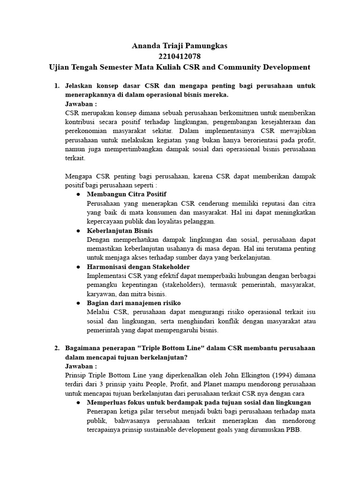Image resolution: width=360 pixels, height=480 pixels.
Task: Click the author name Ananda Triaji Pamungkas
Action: (180, 45)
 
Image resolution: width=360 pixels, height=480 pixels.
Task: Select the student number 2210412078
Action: (180, 56)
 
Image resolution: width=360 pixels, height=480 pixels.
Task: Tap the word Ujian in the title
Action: (61, 67)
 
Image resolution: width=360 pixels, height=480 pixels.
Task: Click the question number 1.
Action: (56, 86)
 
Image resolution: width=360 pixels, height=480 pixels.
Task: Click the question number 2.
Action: (56, 348)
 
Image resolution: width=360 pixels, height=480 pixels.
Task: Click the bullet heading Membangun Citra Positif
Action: (127, 194)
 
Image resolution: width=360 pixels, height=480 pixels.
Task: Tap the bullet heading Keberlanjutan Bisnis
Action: (120, 231)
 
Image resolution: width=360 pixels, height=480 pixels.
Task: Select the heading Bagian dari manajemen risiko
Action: (134, 303)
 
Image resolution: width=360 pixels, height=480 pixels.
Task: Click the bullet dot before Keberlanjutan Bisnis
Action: (78, 231)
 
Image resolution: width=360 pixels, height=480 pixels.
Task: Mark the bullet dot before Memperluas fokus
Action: (78, 403)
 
